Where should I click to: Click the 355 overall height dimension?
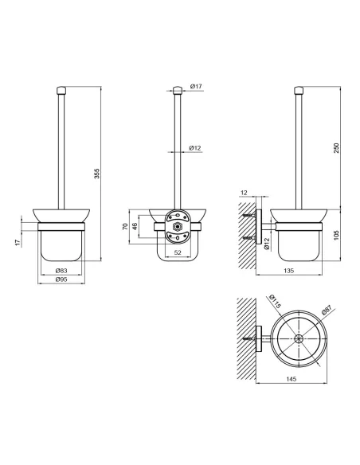tap(97, 174)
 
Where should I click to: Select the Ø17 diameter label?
tap(196, 86)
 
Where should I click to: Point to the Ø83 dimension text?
tap(61, 271)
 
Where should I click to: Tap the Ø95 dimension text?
tap(61, 279)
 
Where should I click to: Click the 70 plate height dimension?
tap(125, 227)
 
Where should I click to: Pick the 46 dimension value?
tap(135, 227)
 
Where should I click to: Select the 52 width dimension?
tap(178, 252)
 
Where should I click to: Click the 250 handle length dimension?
tap(336, 147)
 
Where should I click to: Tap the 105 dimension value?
tap(336, 235)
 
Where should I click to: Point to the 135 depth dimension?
tap(289, 271)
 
